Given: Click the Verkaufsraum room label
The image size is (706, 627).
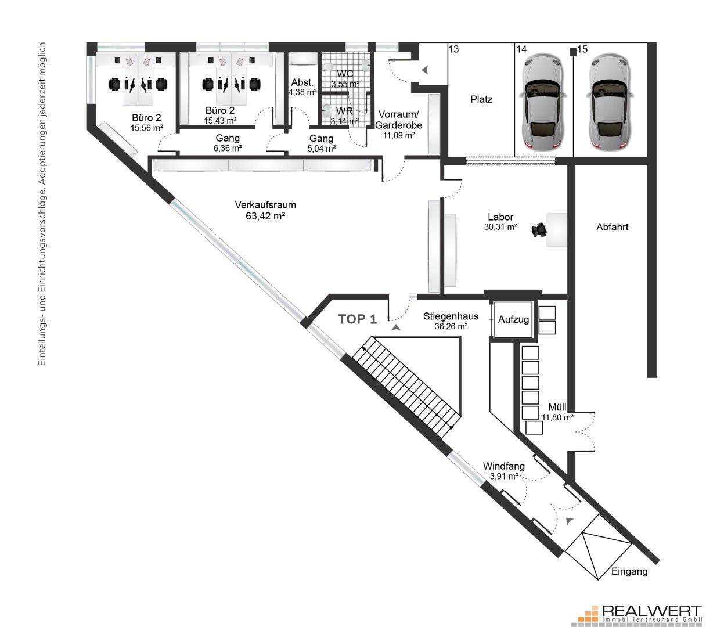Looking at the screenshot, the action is pyautogui.click(x=265, y=204).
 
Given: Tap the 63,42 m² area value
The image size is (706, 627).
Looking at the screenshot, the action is pyautogui.click(x=265, y=216).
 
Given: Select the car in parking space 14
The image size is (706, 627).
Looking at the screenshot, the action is pyautogui.click(x=543, y=102).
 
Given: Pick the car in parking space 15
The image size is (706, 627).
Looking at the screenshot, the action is pyautogui.click(x=610, y=102).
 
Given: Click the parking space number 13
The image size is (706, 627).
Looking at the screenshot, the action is pyautogui.click(x=453, y=49).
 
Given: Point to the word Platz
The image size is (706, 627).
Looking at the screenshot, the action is pyautogui.click(x=481, y=99).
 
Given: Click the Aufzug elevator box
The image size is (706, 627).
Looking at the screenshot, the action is pyautogui.click(x=513, y=320).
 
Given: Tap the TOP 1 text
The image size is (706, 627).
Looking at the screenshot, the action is pyautogui.click(x=358, y=319).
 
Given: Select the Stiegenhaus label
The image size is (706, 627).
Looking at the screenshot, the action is pyautogui.click(x=451, y=316).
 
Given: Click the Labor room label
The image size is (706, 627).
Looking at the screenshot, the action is pyautogui.click(x=500, y=217).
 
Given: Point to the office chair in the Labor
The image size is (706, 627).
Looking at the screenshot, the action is pyautogui.click(x=539, y=230).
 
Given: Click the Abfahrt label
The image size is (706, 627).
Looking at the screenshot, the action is pyautogui.click(x=613, y=227).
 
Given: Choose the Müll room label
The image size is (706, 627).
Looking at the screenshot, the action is pyautogui.click(x=557, y=408).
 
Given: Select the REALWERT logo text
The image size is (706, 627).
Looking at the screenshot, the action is pyautogui.click(x=651, y=610).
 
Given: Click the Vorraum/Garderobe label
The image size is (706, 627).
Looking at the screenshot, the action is pyautogui.click(x=399, y=120).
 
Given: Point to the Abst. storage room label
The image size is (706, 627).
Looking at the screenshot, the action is pyautogui.click(x=302, y=82).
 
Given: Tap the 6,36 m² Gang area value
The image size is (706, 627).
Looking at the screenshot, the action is pyautogui.click(x=228, y=148).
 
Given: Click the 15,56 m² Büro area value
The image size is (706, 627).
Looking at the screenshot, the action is pyautogui.click(x=147, y=128).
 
